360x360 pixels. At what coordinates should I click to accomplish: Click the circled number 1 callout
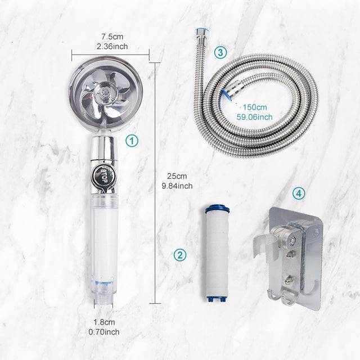[x=131, y=141]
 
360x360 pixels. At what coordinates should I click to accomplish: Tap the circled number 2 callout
[x=180, y=254]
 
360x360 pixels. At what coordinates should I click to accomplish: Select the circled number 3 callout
[x=220, y=53]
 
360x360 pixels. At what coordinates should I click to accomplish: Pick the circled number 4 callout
[x=299, y=193]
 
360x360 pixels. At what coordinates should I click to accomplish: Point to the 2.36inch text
[x=110, y=47]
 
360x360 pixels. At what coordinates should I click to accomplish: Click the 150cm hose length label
[x=255, y=107]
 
